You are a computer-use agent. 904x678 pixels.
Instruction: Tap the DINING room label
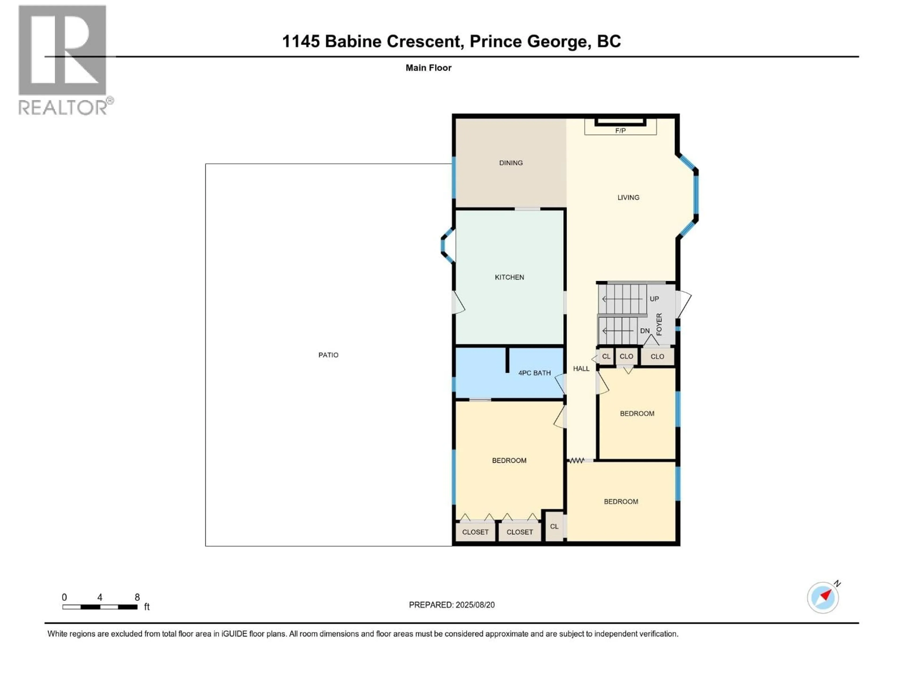511,163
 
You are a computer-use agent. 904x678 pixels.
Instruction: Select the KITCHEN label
509,277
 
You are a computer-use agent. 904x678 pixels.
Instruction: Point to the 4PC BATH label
534,373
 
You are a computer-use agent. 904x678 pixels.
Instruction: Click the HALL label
581,369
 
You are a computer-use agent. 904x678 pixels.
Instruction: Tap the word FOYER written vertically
659,324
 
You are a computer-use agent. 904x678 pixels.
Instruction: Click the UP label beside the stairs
654,299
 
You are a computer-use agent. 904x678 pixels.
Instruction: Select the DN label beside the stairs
645,331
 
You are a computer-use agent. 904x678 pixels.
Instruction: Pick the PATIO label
328,355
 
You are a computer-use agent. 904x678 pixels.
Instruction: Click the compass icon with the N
823,597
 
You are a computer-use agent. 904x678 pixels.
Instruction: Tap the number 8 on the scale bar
137,597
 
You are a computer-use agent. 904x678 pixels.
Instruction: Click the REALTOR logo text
63,108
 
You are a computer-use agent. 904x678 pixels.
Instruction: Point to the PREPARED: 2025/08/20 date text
452,605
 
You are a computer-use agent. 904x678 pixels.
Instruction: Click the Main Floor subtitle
428,68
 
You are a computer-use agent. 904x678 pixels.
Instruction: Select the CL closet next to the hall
606,356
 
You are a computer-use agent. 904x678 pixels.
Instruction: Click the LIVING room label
628,197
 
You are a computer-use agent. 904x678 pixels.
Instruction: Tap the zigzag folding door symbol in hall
577,460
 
